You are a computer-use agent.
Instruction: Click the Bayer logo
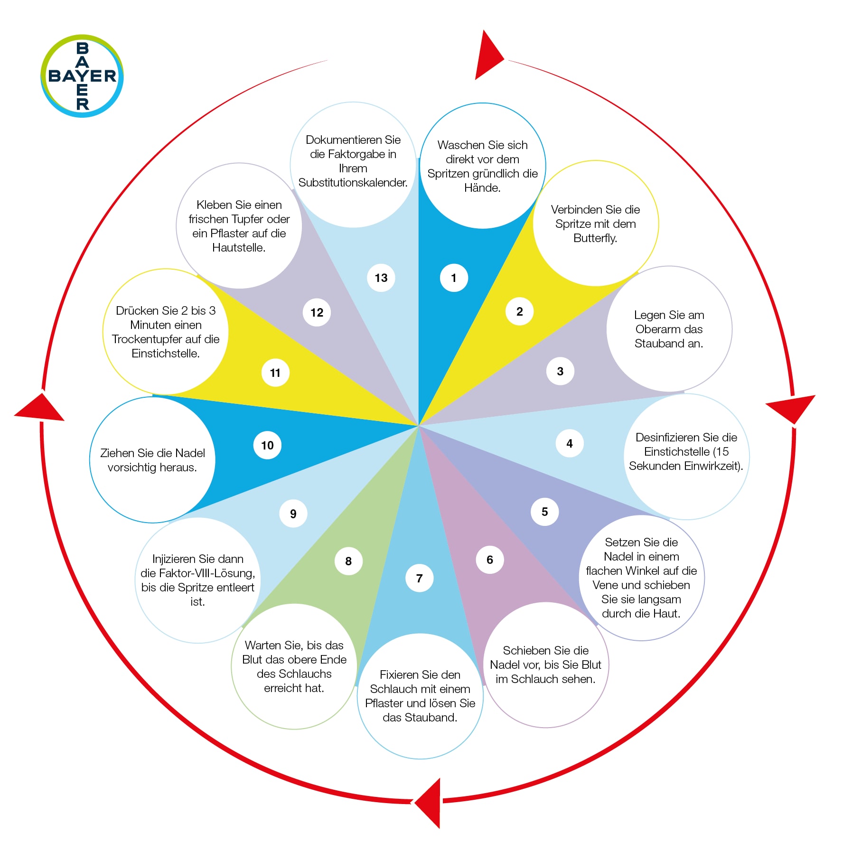pos(82,76)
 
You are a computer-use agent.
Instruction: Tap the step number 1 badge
pos(454,278)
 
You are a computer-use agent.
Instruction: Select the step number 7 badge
pos(419,578)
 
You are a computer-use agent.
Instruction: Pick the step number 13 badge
pos(381,278)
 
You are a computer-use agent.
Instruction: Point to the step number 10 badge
pos(267,445)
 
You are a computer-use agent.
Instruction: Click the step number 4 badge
pos(570,443)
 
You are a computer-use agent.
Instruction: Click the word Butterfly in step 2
pos(595,238)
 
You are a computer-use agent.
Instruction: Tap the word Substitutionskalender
pos(353,183)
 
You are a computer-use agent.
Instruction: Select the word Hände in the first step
pos(482,188)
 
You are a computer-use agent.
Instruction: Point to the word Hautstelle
pos(238,248)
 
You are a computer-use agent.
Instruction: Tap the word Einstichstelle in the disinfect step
pos(676,452)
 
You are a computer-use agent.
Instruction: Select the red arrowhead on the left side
pos(40,407)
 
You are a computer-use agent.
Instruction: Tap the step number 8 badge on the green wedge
pos(348,561)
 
